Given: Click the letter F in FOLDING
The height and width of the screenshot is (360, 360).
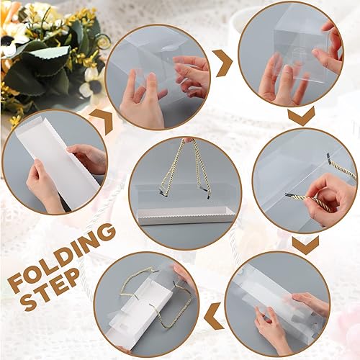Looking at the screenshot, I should pyautogui.click(x=15, y=280).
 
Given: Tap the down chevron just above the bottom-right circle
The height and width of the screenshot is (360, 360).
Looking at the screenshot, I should pyautogui.click(x=305, y=245).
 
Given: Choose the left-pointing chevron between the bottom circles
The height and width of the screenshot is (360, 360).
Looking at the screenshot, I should pyautogui.click(x=213, y=315).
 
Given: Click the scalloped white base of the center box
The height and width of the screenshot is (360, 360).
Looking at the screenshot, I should pyautogui.click(x=186, y=216).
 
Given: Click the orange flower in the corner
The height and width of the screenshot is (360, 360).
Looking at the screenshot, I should pyautogui.click(x=11, y=18).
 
